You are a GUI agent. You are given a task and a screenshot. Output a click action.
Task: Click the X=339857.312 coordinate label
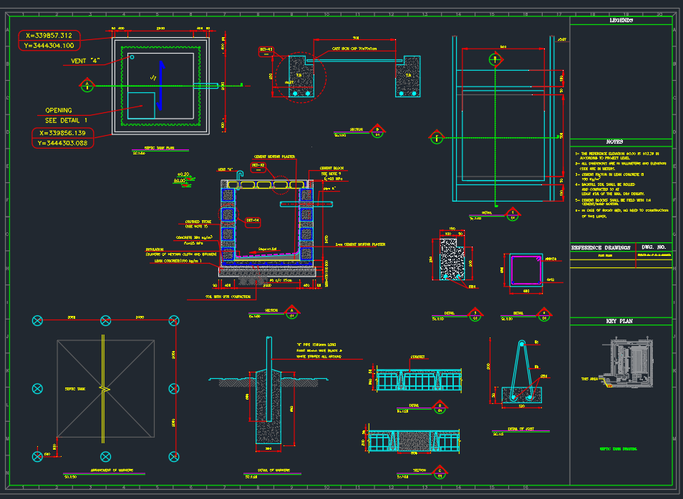coord(49,34)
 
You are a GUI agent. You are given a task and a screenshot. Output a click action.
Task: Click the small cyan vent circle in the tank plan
coord(132,56)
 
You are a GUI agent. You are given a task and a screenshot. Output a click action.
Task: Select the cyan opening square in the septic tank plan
coord(142,104)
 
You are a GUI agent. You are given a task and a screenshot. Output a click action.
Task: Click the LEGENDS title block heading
coord(621,21)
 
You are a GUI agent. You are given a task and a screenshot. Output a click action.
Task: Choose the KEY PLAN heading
coord(620,321)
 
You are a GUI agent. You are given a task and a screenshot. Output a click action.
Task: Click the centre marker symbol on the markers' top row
coord(105,320)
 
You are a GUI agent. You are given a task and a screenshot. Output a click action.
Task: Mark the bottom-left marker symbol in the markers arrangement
coord(37,455)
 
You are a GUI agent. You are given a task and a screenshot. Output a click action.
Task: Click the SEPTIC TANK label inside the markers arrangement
coord(75,388)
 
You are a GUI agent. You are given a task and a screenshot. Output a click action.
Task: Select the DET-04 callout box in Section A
coord(253,220)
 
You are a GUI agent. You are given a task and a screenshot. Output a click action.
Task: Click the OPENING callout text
coord(59,110)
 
